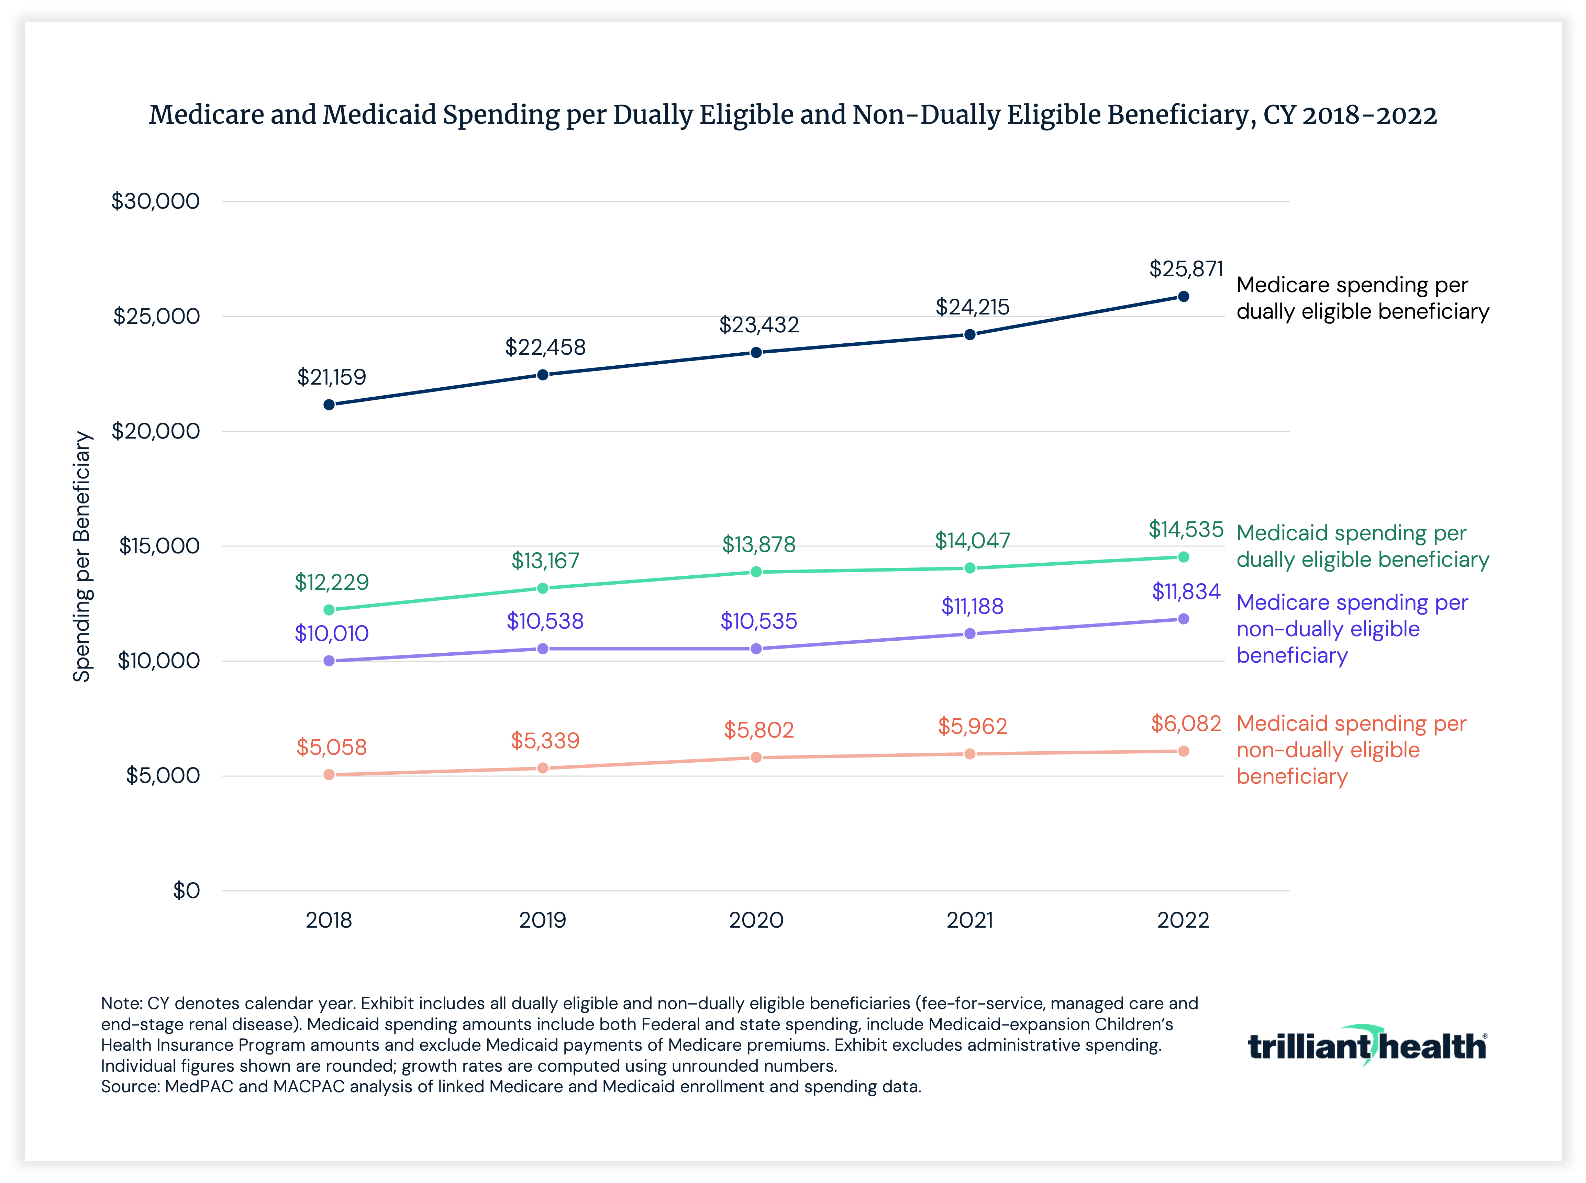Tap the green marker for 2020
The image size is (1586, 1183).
tap(756, 572)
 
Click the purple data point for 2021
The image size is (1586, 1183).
tap(969, 634)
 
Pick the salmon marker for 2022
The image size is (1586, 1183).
tap(1184, 751)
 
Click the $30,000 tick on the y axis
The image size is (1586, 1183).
tap(155, 201)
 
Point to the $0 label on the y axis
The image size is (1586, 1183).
tap(186, 891)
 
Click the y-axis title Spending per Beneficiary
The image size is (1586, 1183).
tap(82, 556)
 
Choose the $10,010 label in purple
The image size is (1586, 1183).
tap(332, 634)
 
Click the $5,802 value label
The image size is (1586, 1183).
tap(758, 730)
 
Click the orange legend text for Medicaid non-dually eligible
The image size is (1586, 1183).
tap(1351, 750)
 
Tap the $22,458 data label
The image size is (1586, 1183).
tap(545, 347)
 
